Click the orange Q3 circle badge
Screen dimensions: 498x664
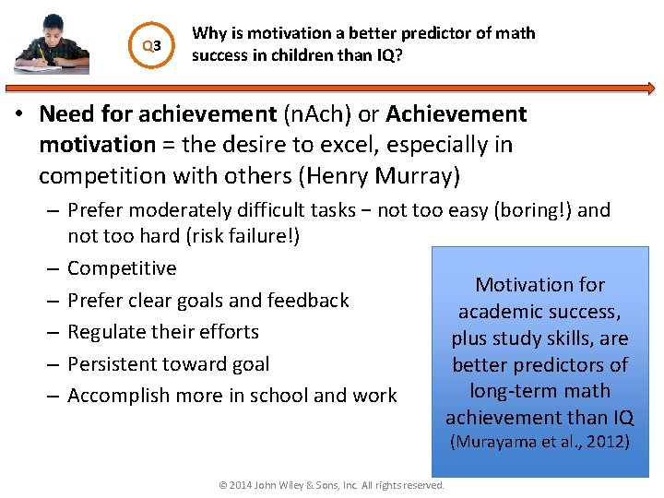pos(150,45)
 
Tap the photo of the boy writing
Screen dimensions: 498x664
pos(52,42)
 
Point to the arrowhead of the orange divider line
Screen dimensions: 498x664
pos(650,89)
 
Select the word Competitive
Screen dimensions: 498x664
pos(122,268)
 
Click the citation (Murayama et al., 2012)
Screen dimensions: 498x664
pos(539,442)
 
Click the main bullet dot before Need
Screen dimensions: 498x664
pos(26,115)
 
